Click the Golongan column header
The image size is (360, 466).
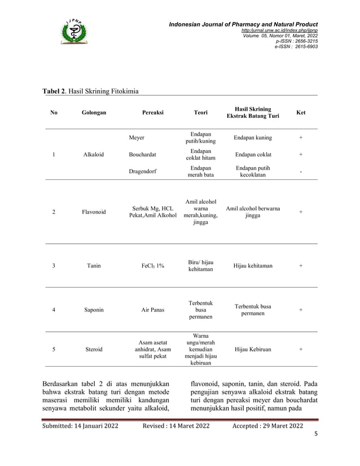pos(93,113)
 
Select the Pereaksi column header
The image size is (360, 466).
pos(153,113)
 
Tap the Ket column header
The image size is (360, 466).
pos(301,113)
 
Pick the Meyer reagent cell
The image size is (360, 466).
pos(137,138)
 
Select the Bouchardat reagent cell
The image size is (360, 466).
pos(142,154)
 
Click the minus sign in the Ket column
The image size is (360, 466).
pos(301,172)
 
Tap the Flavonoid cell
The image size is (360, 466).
pos(94,213)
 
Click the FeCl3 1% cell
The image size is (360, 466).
pos(153,265)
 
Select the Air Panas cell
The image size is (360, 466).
pos(153,310)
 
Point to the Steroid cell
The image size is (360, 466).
pos(94,349)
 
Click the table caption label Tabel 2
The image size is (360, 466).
pos(54,91)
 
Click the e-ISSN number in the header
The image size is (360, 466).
pos(296,46)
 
